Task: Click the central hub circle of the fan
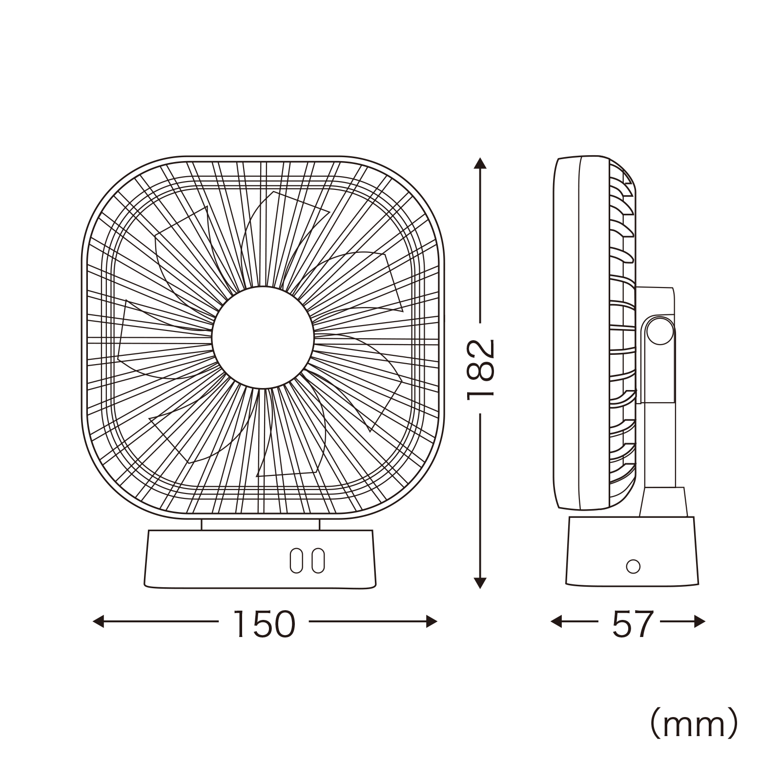[x=263, y=337]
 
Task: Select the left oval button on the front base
[x=296, y=560]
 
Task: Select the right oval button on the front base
[x=318, y=560]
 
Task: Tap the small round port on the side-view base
[x=633, y=566]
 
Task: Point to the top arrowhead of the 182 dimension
[x=481, y=163]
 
